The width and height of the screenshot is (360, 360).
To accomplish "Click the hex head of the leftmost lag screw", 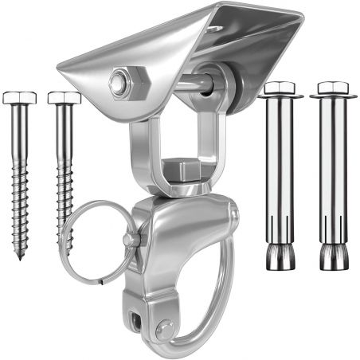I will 19,97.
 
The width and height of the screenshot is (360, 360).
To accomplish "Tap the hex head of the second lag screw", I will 64,97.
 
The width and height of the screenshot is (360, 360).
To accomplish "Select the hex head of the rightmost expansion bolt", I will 334,88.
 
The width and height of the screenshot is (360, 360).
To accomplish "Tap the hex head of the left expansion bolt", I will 280,88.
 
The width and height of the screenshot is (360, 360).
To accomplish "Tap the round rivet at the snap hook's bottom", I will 165,328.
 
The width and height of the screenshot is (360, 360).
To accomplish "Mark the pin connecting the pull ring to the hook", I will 130,239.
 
